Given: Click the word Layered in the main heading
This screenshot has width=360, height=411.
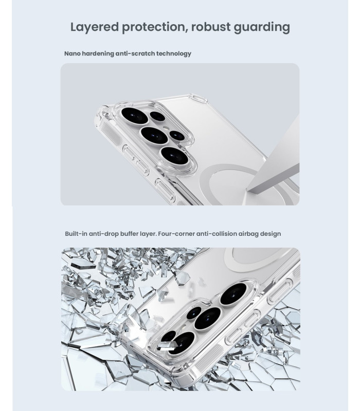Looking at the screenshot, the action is (95, 28).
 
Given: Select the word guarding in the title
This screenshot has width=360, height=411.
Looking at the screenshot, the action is (262, 28).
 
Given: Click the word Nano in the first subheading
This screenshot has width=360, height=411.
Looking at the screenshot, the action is (73, 53).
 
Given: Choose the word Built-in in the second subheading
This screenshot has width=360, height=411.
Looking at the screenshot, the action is (76, 234).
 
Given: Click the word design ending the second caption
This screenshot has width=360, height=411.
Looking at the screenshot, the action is (271, 234).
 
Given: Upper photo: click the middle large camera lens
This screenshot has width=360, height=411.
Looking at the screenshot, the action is (154, 135).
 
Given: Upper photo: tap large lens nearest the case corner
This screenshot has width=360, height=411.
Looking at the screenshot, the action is (135, 116).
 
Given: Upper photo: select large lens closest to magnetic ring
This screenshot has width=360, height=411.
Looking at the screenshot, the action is (174, 156).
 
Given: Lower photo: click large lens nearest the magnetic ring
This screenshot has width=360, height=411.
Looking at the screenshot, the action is (233, 294).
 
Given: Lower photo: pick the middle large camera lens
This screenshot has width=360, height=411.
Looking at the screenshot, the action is (208, 318).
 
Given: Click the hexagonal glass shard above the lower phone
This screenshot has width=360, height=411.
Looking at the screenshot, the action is (182, 278).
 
